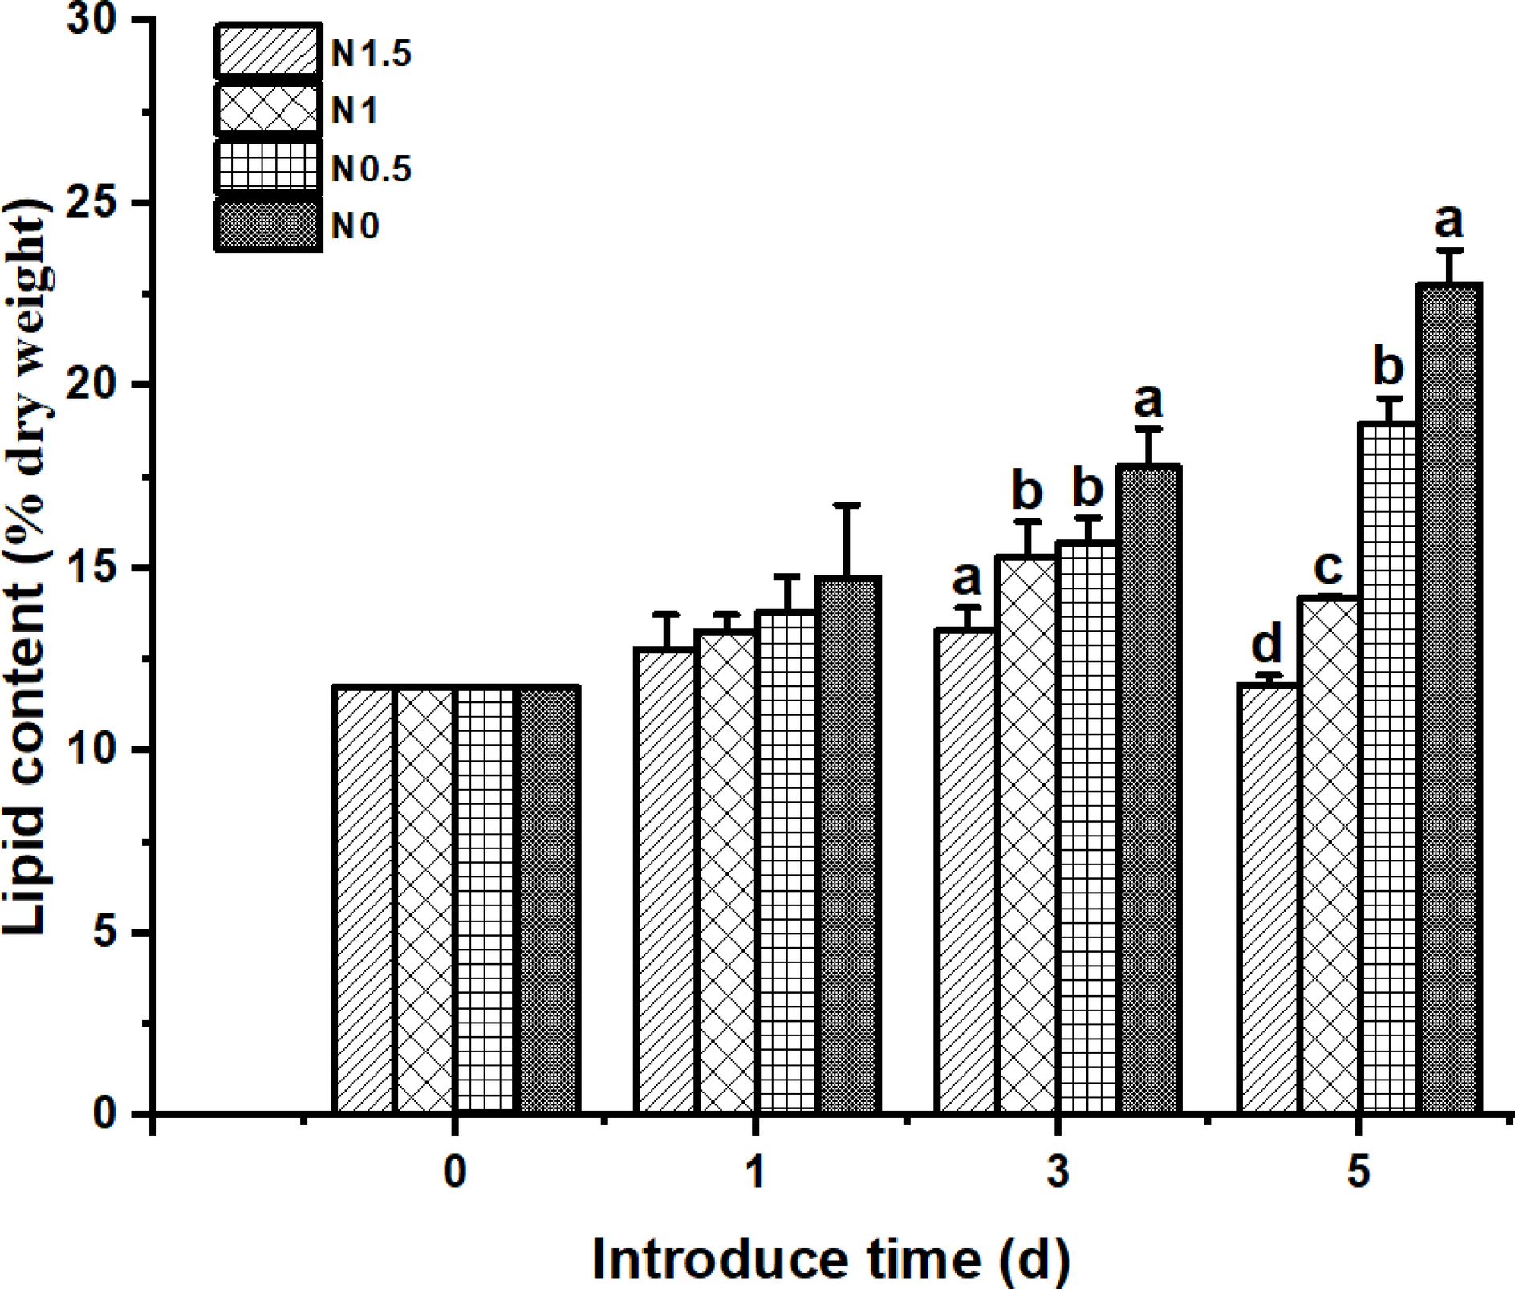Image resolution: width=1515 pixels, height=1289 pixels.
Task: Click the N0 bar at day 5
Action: click(1449, 698)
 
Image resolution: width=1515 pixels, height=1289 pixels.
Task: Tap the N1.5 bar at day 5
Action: click(1268, 899)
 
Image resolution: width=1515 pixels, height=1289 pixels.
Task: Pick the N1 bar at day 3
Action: click(1027, 835)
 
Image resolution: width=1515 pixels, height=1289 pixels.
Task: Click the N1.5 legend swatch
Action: click(268, 53)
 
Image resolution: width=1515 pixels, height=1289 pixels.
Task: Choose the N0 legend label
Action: click(355, 227)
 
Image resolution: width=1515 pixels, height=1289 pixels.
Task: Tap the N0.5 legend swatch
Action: click(268, 167)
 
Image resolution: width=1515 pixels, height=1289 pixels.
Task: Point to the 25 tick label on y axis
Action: click(100, 202)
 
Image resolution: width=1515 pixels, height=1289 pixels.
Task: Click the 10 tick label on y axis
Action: click(100, 750)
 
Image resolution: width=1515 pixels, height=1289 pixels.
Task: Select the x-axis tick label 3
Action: click(1058, 1173)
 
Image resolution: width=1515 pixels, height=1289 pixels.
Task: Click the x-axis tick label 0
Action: click(454, 1173)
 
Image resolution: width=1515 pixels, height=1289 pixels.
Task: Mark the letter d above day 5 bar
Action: click(1267, 643)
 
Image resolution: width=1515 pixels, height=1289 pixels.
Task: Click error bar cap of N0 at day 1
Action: click(847, 506)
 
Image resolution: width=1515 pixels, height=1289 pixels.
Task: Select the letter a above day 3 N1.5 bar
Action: click(966, 575)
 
